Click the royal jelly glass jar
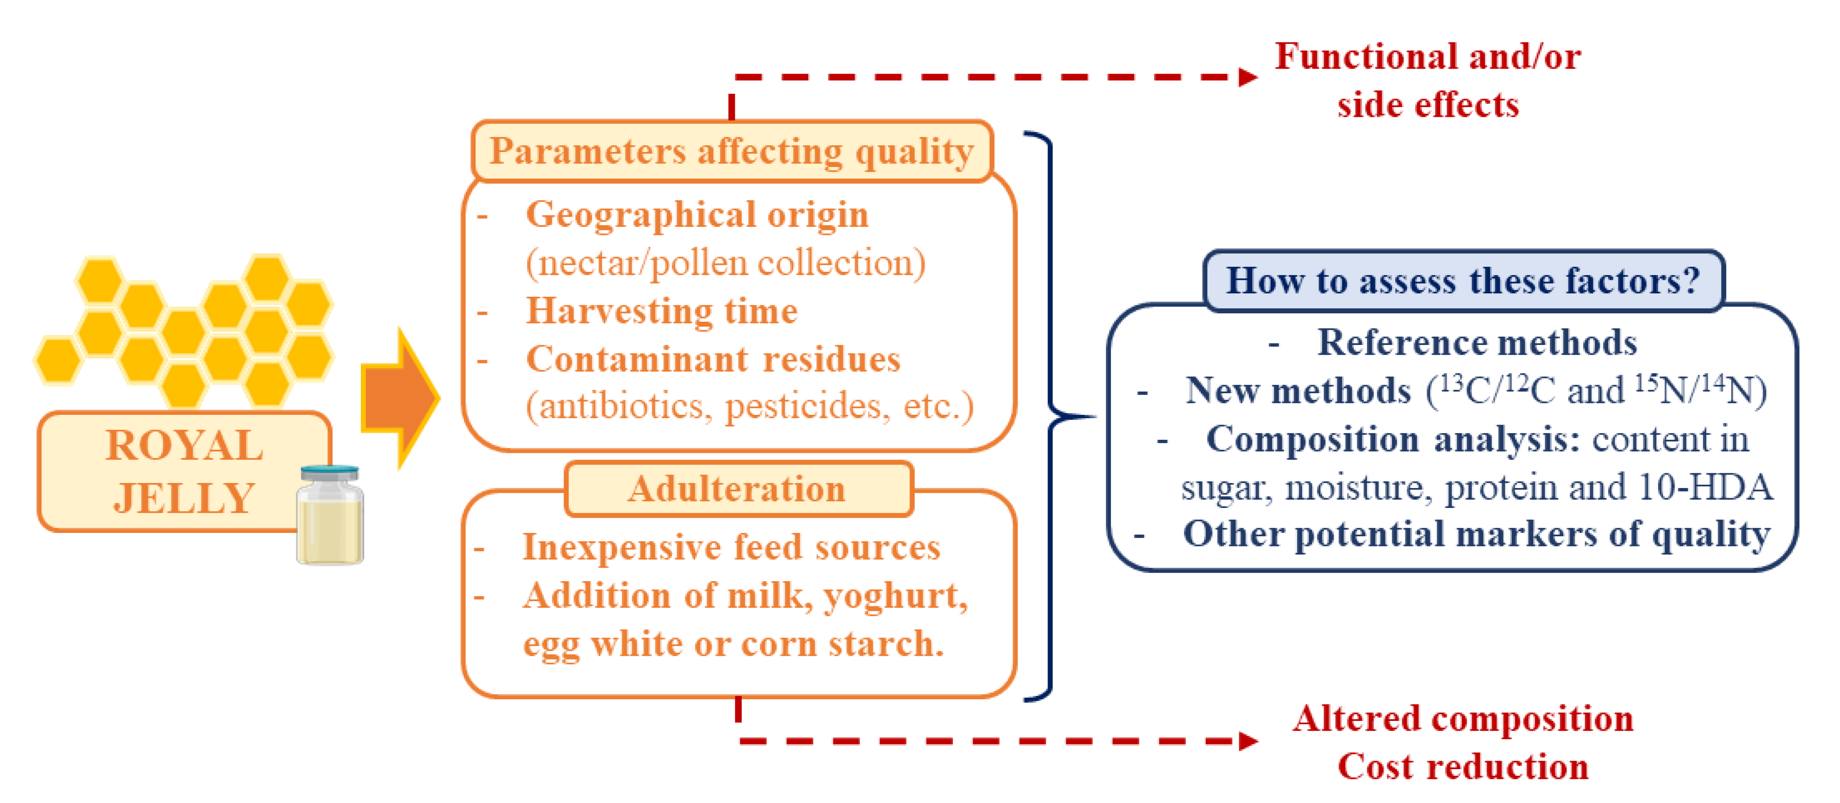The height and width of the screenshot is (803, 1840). (330, 522)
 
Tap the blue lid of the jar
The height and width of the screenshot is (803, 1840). (330, 472)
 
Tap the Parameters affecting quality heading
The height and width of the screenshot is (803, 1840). (732, 152)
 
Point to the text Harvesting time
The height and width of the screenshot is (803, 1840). (661, 312)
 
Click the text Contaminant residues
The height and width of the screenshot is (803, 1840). (713, 359)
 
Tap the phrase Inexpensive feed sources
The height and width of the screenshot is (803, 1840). (731, 547)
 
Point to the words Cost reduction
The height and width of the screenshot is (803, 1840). (1463, 767)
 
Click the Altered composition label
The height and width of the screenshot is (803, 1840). (1463, 719)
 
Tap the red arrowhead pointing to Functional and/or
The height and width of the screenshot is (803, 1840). (1247, 77)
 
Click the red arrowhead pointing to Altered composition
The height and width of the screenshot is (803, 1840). (1247, 741)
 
